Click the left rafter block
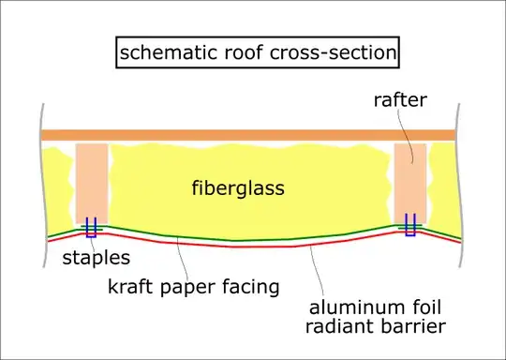coord(92,182)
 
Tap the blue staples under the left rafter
coord(92,227)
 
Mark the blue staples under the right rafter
coord(410,225)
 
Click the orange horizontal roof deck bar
coord(248,135)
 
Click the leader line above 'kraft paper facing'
coord(182,259)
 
